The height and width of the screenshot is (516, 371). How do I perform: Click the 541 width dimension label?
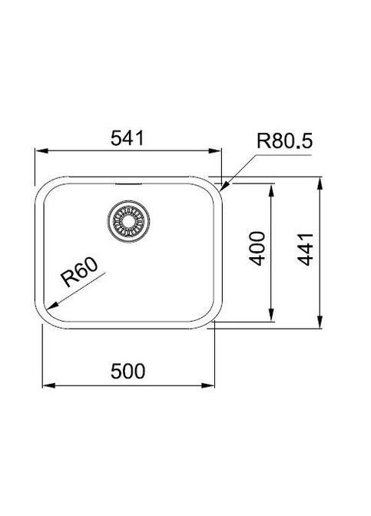(x=127, y=138)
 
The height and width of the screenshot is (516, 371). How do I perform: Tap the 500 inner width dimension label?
(x=128, y=371)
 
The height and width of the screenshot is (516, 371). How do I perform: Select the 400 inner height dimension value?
(x=257, y=249)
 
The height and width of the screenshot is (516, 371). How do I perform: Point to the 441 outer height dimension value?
(x=305, y=249)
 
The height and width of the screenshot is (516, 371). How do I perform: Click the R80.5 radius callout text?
(x=284, y=141)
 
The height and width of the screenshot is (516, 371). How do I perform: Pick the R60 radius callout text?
(x=79, y=272)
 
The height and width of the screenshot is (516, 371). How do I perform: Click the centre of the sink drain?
(x=128, y=221)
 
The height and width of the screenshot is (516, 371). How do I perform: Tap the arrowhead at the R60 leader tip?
(x=52, y=306)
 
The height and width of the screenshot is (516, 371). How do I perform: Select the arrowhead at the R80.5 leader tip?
(x=224, y=187)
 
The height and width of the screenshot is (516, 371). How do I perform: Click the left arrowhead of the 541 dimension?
(x=41, y=150)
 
